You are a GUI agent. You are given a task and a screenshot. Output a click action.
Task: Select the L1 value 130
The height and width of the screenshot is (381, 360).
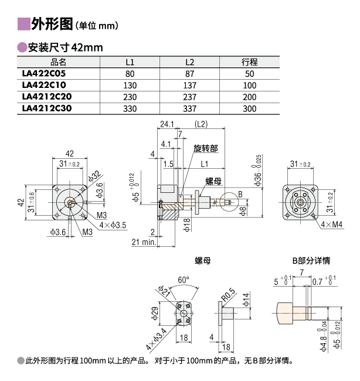[x=130, y=86]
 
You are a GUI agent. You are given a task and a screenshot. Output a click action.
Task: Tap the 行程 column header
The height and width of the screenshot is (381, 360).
[x=250, y=62]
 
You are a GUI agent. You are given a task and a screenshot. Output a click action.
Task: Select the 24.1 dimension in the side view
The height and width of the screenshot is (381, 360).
[x=168, y=124]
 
